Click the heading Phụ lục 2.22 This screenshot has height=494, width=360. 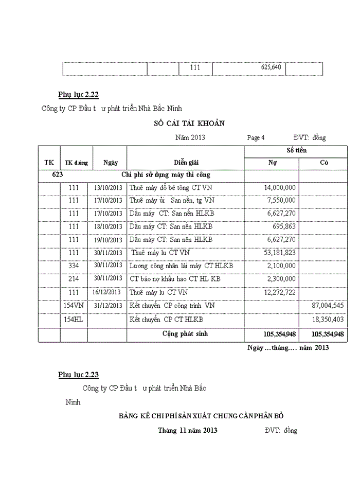[78, 95]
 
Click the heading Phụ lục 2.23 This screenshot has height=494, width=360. [78, 375]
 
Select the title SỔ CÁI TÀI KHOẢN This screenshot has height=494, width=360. [189, 123]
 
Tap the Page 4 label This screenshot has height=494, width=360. [256, 138]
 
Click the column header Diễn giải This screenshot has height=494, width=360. [185, 163]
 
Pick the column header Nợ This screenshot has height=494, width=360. [272, 163]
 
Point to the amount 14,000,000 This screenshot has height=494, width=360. [279, 187]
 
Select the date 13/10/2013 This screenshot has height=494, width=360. [108, 187]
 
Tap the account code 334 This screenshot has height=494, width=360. [74, 266]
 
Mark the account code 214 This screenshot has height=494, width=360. [74, 278]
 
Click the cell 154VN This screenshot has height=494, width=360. [74, 305]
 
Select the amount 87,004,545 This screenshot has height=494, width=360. [328, 306]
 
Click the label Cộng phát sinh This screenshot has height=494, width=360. [185, 334]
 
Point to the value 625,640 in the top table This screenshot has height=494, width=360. [271, 67]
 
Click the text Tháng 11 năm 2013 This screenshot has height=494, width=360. [188, 430]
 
